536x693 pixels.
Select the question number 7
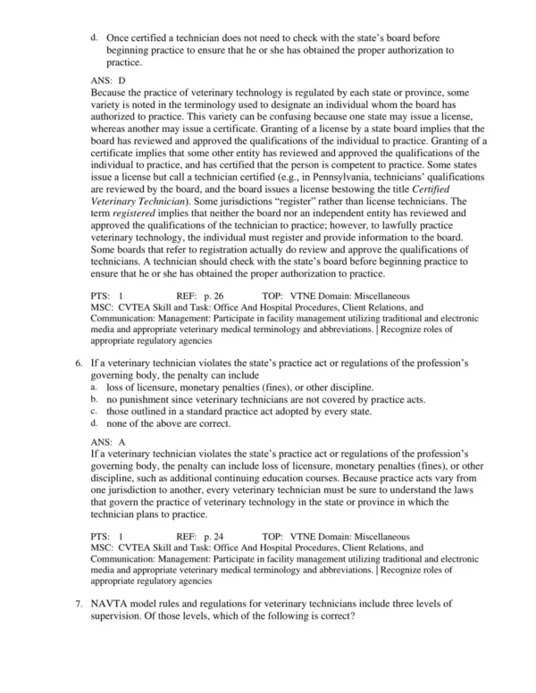tap(79, 605)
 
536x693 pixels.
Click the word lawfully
tap(404, 251)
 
